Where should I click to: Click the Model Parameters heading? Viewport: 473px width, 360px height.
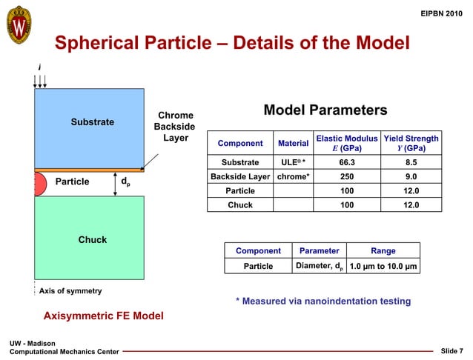point(325,110)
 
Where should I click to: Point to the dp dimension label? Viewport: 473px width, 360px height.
point(127,180)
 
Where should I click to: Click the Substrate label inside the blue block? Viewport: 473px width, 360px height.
point(92,121)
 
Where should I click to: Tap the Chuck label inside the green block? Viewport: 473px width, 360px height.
point(93,239)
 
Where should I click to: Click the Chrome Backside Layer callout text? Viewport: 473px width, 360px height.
point(176,127)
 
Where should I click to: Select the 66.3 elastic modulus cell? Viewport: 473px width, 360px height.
point(346,162)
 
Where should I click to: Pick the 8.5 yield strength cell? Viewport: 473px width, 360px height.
point(411,162)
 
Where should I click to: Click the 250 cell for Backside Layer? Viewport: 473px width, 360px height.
point(346,176)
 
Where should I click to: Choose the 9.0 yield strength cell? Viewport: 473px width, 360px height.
point(411,176)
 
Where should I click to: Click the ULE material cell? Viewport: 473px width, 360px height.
point(293,162)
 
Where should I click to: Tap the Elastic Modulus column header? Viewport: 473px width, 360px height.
point(346,143)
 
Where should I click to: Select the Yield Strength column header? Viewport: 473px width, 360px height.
point(411,143)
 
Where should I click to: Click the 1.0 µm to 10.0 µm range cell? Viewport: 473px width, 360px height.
point(383,266)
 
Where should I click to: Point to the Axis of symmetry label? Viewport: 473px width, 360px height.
point(70,290)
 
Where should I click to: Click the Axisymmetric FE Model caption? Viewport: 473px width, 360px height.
point(103,316)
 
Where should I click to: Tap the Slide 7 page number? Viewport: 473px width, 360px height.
point(451,350)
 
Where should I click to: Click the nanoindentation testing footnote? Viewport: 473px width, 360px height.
point(322,301)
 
